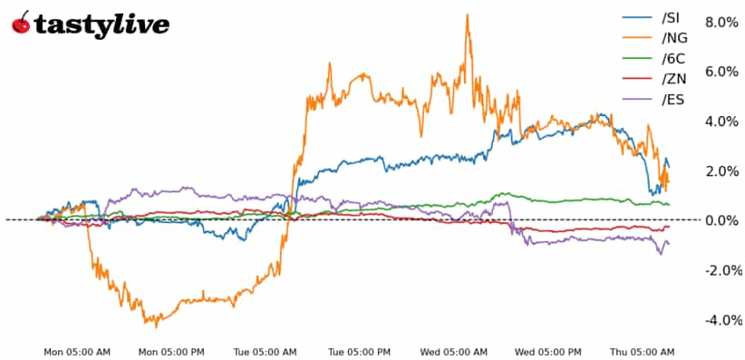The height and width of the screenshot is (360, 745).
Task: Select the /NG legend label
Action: (x=674, y=37)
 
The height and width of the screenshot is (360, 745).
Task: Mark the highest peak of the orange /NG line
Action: (x=467, y=15)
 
